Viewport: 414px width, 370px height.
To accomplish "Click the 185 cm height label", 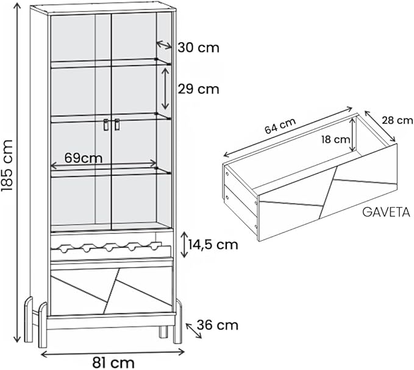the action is click(7, 165).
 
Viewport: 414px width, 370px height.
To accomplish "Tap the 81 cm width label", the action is click(113, 363).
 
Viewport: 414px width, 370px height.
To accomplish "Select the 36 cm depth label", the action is click(218, 325).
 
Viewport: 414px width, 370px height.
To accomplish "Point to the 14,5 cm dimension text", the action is click(213, 244).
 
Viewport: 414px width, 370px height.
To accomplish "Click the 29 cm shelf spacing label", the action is click(198, 89).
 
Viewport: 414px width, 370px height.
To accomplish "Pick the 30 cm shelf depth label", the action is click(198, 48).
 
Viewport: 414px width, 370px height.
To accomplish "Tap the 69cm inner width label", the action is click(84, 158).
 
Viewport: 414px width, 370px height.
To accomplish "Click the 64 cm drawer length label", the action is click(280, 126).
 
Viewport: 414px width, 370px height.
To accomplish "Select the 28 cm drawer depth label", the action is click(398, 120).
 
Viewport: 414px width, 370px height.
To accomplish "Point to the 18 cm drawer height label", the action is click(335, 140).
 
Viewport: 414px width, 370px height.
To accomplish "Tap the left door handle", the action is click(106, 124).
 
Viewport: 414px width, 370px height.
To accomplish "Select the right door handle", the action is click(117, 124).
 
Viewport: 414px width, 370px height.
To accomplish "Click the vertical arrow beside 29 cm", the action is click(165, 88).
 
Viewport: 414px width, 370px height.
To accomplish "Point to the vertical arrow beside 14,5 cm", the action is click(184, 244).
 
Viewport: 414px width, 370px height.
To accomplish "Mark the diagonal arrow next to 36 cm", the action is click(194, 330).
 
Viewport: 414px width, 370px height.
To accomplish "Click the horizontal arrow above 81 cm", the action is click(112, 353).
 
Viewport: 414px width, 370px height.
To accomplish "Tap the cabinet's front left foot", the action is click(43, 325).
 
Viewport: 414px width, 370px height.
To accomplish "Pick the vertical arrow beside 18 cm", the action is click(352, 135).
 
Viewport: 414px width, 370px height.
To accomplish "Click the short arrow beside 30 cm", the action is click(164, 45).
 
